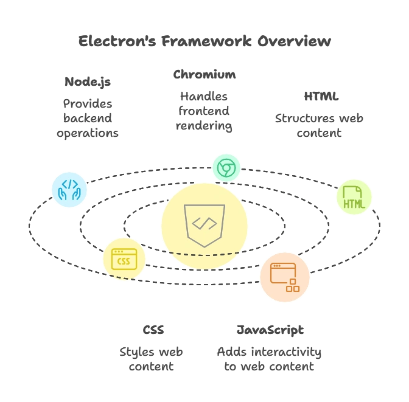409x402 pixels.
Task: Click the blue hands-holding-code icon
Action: point(69,190)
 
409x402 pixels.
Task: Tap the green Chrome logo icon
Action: point(226,167)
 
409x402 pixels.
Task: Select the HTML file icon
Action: point(354,197)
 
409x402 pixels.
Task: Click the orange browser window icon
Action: point(284,277)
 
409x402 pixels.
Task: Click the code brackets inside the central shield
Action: point(204,223)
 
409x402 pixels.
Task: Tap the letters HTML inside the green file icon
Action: point(354,204)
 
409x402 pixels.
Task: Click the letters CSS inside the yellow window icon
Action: point(124,262)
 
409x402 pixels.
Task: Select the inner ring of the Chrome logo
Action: point(226,167)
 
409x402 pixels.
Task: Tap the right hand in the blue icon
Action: point(76,195)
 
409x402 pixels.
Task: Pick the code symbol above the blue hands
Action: point(70,183)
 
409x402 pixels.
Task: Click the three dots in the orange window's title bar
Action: point(276,266)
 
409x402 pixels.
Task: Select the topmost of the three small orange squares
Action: point(293,281)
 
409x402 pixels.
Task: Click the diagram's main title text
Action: point(204,41)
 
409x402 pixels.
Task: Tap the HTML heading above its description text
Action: point(320,95)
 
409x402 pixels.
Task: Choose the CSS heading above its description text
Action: point(153,329)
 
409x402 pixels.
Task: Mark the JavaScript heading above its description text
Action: point(270,329)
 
